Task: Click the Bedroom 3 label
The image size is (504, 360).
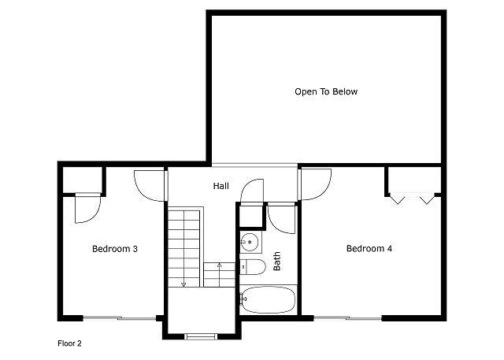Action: point(115,249)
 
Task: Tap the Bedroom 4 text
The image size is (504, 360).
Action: point(369,248)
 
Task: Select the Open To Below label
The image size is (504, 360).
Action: point(326,91)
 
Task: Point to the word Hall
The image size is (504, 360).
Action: point(221,186)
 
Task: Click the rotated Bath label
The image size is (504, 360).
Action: point(276,261)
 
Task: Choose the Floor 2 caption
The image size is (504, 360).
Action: point(69,343)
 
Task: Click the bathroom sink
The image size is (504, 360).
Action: point(249,242)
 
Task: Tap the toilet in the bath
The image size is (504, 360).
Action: point(253,267)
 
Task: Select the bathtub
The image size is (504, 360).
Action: point(268,300)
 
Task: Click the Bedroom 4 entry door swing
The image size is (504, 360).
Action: point(314,184)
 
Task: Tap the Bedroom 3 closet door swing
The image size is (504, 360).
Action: point(87,208)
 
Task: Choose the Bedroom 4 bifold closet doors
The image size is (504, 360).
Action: point(413,199)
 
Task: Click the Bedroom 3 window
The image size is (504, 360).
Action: point(120,318)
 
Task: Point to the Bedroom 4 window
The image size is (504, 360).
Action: point(347,318)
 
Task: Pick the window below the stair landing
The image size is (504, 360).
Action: point(201,336)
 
